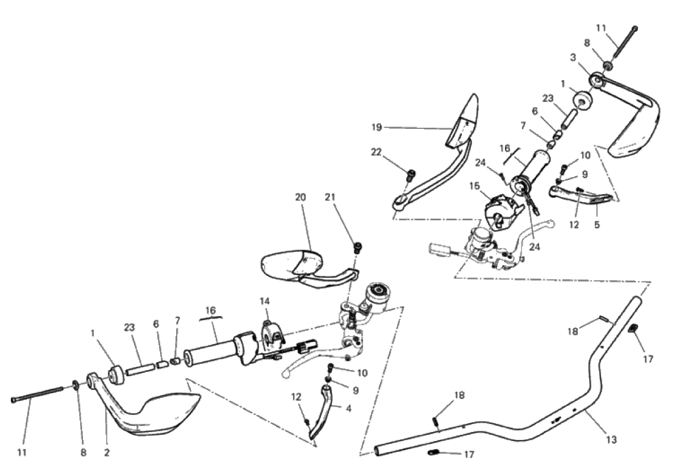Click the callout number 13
(611, 439)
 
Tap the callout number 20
(301, 197)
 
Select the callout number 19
(377, 127)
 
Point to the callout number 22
(377, 152)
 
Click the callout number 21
(330, 197)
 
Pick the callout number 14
(264, 301)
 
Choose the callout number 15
(474, 186)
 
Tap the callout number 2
(106, 452)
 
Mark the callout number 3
(573, 57)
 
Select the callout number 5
(596, 224)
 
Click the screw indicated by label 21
(357, 248)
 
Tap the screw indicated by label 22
(411, 175)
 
